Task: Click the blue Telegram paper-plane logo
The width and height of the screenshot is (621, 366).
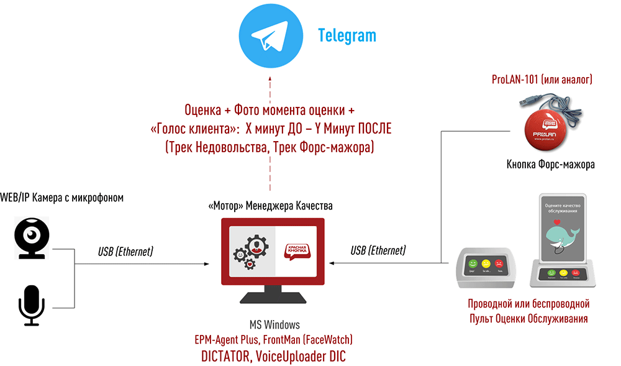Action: [x=269, y=36]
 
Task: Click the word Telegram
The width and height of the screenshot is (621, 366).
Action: [x=347, y=35]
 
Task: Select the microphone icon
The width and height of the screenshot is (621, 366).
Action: [x=30, y=305]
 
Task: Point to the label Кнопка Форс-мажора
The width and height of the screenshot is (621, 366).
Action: [x=550, y=165]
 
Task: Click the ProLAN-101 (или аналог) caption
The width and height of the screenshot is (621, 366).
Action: [x=542, y=80]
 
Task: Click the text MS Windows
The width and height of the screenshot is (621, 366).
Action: [x=274, y=325]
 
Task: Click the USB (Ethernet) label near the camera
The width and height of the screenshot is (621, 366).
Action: [x=125, y=252]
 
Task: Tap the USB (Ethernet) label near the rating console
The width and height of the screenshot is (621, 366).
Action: [x=378, y=250]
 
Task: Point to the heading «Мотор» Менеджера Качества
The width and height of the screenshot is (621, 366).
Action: [x=270, y=206]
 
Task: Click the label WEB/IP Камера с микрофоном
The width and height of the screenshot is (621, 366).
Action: [x=61, y=198]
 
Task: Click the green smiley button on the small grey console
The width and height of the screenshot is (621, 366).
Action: [x=471, y=263]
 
